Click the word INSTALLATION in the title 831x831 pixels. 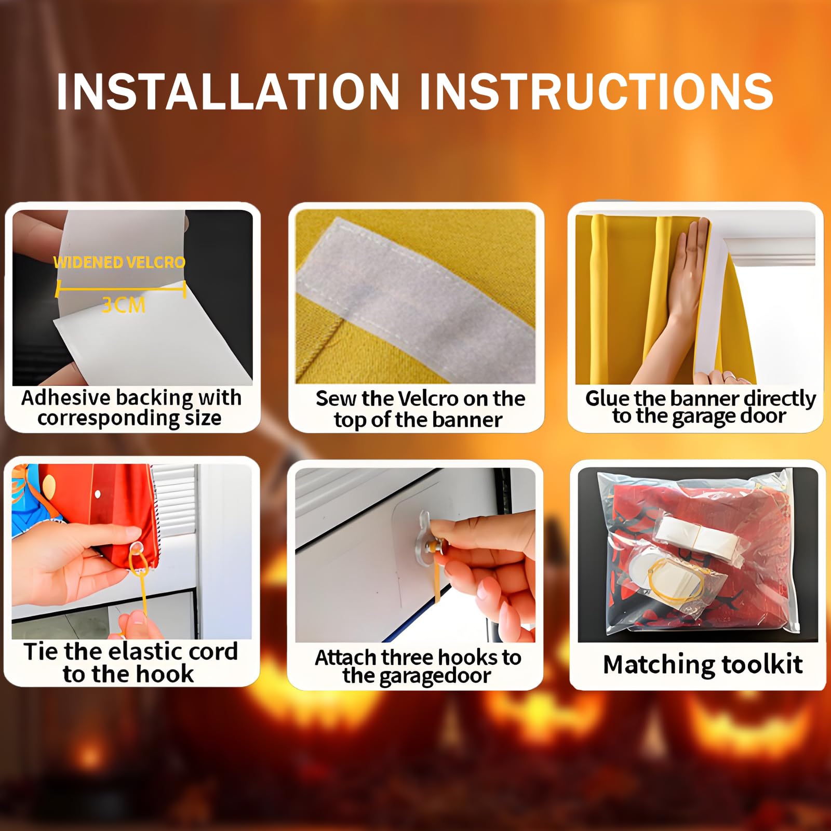(x=228, y=91)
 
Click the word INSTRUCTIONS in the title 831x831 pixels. (x=596, y=91)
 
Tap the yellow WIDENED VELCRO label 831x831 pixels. (x=119, y=262)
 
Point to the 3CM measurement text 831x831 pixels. (x=123, y=305)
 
